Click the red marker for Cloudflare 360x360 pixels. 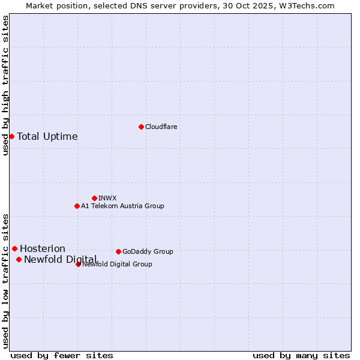pos(141,127)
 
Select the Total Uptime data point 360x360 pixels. pos(11,136)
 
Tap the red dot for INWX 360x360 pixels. pos(94,198)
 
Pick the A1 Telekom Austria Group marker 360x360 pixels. pos(77,206)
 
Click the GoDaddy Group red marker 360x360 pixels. pos(118,251)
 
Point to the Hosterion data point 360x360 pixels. pos(14,248)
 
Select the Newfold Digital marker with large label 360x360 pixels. pos(19,259)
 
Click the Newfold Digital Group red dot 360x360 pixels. pos(78,264)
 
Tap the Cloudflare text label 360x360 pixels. pos(161,127)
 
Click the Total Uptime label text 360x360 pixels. pos(47,136)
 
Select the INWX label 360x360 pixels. pos(107,198)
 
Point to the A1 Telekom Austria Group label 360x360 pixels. pos(122,206)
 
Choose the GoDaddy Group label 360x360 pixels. pos(148,251)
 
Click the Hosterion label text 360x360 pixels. pos(43,248)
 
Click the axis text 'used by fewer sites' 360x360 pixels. pos(62,355)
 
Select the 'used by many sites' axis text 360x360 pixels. pos(301,355)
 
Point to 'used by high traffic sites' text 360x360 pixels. pos(6,85)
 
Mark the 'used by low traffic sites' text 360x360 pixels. pos(6,280)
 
